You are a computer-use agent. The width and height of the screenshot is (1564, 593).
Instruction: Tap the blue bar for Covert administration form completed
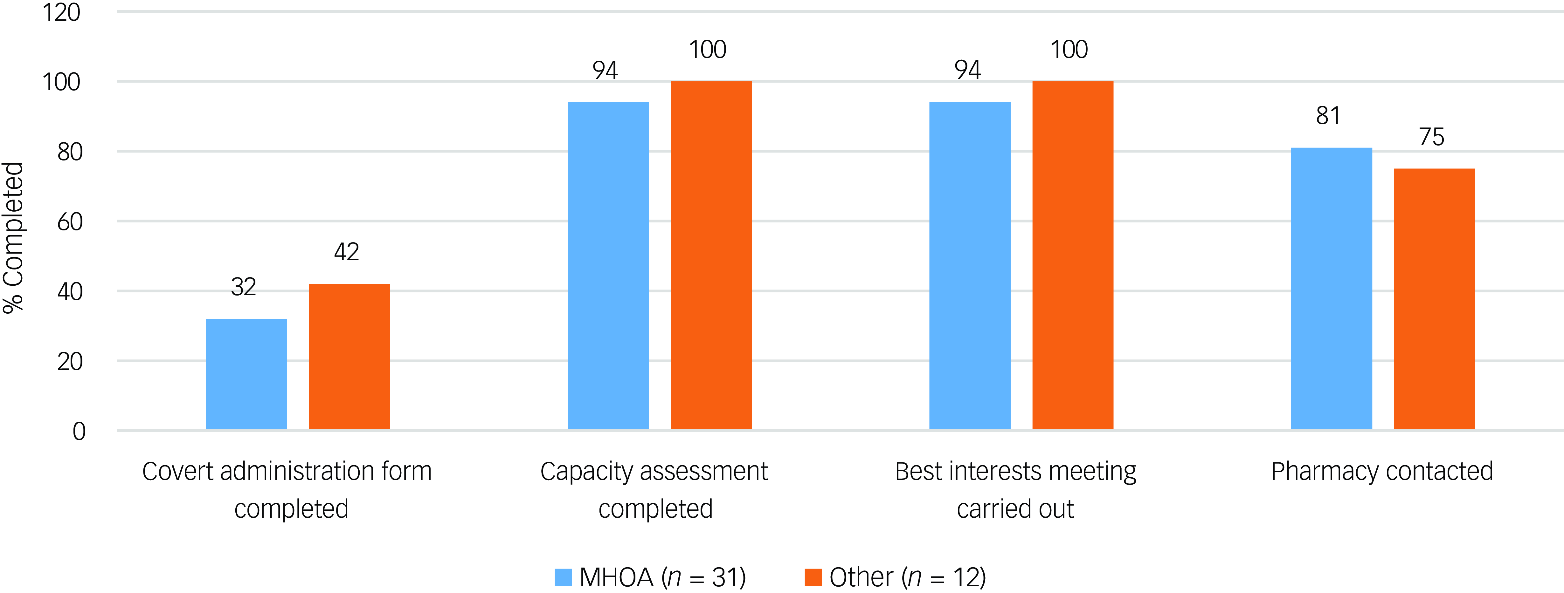[x=246, y=374]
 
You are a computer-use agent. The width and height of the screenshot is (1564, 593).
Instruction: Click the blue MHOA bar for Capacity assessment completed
[x=608, y=266]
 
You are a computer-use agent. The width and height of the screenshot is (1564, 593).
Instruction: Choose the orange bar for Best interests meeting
[x=1073, y=255]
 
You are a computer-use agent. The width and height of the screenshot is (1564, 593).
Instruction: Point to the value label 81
[x=1328, y=115]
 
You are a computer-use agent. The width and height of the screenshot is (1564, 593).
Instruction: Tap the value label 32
[x=244, y=286]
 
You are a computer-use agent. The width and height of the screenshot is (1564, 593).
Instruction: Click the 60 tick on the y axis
[x=70, y=222]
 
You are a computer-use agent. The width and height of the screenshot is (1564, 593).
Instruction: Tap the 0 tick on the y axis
[x=79, y=432]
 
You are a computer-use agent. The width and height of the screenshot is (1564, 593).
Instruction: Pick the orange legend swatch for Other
[x=813, y=576]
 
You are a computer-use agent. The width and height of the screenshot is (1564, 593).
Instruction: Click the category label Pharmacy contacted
[x=1382, y=471]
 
